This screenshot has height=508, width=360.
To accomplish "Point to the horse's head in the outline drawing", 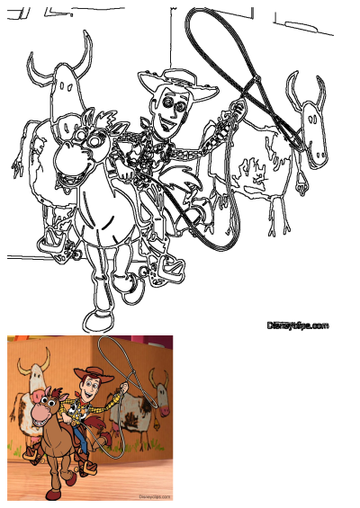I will [x=81, y=148].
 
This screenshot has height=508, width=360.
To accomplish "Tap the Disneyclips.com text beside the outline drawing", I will [x=298, y=325].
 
